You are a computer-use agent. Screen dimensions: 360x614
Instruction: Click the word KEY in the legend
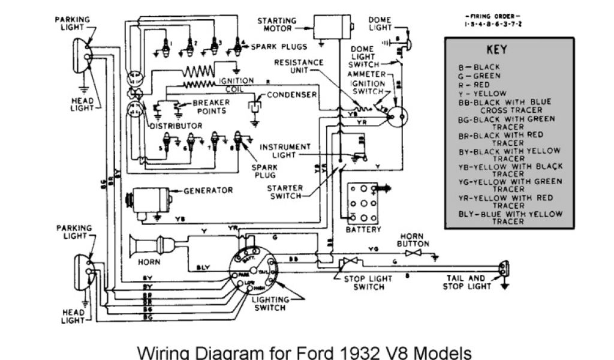point(496,50)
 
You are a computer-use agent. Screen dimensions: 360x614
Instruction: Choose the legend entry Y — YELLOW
point(481,94)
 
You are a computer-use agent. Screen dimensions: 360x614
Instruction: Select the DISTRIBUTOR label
point(176,126)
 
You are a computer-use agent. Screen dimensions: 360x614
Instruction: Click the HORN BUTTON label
point(413,240)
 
